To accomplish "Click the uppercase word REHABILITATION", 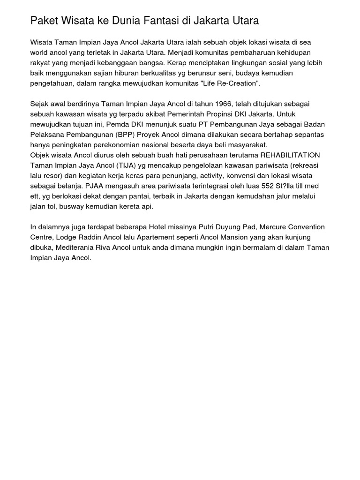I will [x=290, y=155].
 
